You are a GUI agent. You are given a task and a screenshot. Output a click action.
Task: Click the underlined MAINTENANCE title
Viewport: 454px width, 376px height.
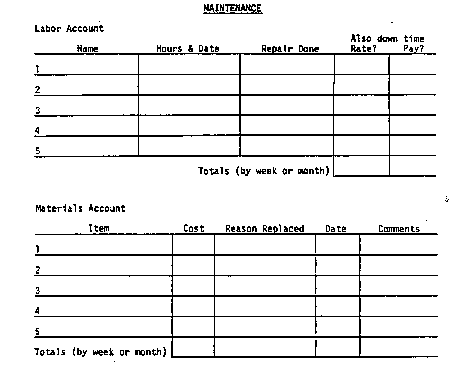pos(232,8)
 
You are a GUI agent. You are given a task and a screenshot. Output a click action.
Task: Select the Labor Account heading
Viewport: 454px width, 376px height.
pos(69,29)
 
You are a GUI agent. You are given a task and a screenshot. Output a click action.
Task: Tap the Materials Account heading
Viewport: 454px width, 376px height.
pos(80,208)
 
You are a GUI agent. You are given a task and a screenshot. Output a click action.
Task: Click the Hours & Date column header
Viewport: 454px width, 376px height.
pos(188,49)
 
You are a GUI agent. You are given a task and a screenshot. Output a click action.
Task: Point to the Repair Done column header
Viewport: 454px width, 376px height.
pos(290,49)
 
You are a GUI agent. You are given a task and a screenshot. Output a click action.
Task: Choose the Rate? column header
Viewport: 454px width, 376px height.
pos(363,49)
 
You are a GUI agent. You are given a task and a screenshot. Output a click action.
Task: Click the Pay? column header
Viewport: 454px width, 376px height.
pos(413,49)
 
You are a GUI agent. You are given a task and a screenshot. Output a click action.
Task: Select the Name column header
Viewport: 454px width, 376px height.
pos(87,49)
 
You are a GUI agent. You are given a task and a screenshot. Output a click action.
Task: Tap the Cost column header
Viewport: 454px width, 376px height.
pos(193,229)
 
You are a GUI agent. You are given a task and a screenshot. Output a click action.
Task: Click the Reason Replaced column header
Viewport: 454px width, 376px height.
pos(265,229)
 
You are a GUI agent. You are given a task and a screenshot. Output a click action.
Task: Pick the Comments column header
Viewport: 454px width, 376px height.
pos(399,229)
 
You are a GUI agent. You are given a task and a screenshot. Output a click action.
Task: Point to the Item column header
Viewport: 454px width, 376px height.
pos(99,229)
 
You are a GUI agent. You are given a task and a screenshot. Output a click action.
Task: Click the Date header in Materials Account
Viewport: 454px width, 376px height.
pos(335,229)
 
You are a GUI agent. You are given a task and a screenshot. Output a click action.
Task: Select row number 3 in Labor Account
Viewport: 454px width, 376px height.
pos(38,110)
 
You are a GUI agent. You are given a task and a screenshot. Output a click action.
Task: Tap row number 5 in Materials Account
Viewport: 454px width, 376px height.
pos(37,332)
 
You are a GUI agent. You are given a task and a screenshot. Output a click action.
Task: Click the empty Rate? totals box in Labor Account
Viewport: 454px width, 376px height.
pos(361,166)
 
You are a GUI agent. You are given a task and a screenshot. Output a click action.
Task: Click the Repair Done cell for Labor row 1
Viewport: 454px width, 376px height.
pos(287,64)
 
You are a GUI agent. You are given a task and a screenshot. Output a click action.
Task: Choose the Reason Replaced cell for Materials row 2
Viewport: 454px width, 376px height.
pos(265,265)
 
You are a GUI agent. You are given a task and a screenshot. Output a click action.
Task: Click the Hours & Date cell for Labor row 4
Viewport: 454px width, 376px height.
pos(189,125)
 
